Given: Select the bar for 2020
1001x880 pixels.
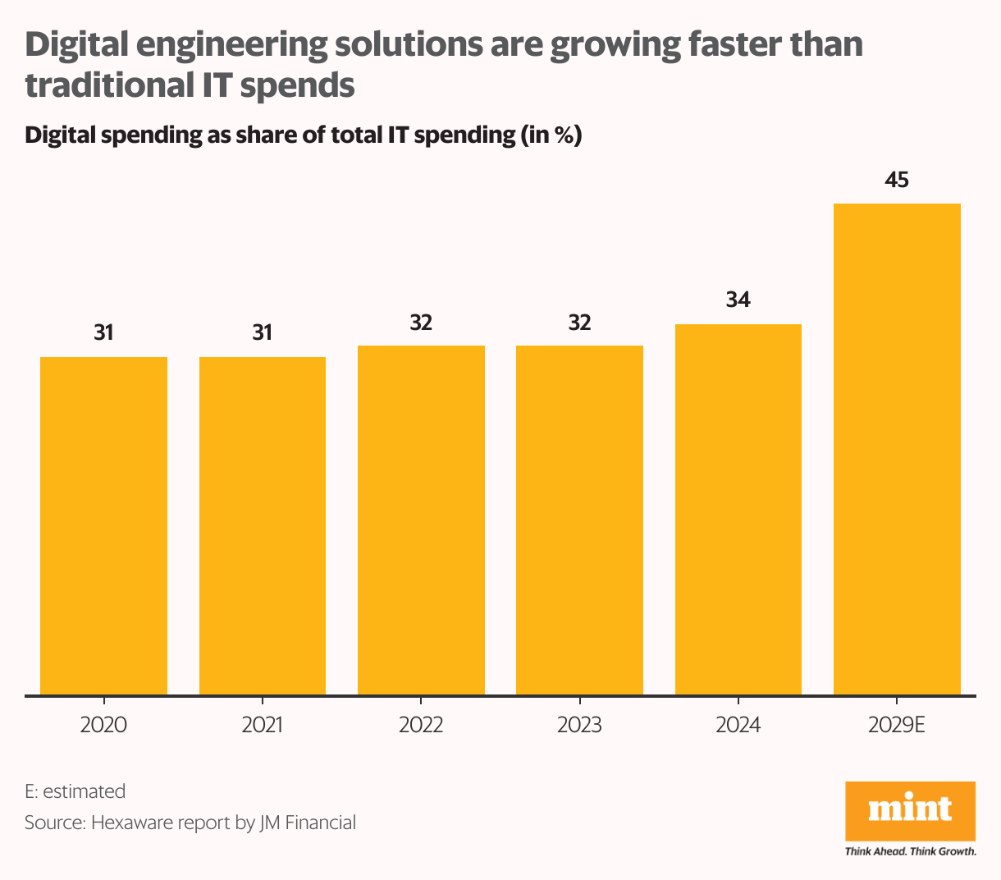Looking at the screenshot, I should tap(103, 525).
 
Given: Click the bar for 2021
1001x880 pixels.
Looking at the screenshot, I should tap(263, 525).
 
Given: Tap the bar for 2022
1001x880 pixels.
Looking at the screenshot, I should tap(421, 520).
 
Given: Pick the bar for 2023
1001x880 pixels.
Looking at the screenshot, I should tap(579, 520).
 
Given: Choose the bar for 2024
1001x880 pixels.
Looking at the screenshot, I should tap(738, 509).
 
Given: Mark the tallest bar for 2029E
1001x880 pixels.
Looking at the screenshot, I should tap(897, 449).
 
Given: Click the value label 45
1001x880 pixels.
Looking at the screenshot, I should tap(897, 179).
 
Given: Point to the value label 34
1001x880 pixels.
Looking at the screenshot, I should tap(738, 300).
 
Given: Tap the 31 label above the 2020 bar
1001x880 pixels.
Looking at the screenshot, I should tap(103, 332).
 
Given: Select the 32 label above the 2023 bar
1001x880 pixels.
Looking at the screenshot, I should tap(579, 323).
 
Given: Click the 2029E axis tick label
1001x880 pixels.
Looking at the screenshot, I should tap(897, 726).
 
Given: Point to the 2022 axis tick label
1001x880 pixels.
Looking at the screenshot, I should tap(421, 726).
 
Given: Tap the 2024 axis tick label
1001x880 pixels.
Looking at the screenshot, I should tap(738, 726).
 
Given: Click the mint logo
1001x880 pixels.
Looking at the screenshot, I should tap(910, 809).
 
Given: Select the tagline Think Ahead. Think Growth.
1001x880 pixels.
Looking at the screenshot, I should tap(910, 851).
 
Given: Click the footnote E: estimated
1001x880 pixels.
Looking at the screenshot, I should tap(75, 791).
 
